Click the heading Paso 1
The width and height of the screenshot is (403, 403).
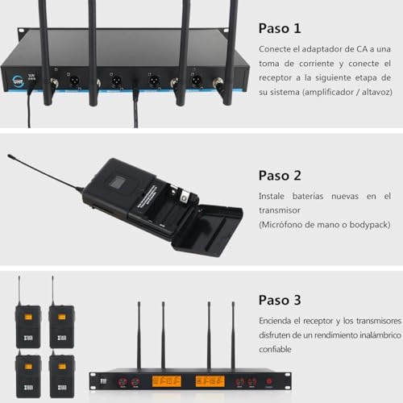[280, 28]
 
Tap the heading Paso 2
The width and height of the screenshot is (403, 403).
[280, 175]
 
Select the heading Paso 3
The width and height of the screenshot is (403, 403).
[280, 300]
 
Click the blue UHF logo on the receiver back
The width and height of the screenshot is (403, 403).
[18, 80]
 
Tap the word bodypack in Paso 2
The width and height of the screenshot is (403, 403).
[367, 223]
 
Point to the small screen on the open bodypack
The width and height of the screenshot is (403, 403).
[115, 182]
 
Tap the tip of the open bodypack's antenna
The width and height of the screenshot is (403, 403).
[10, 156]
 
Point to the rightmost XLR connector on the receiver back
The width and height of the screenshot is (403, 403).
[195, 81]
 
